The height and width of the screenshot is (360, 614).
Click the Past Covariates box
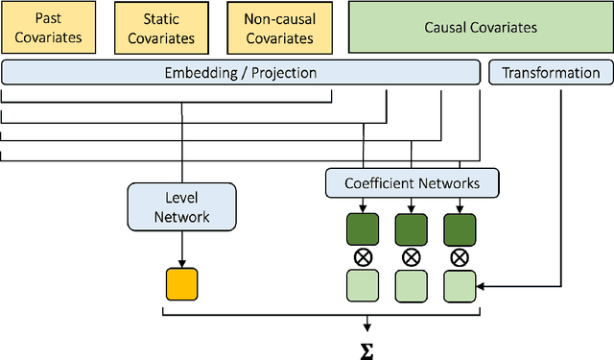pos(49,28)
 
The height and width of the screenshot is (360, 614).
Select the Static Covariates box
pos(161,28)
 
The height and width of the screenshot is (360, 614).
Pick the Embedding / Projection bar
pos(241,73)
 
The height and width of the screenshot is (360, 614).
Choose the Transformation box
pos(551,73)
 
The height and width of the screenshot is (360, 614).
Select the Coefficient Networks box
pos(411,181)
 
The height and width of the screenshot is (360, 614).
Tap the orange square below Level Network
pos(181,284)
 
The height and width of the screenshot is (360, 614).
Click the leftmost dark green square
pos(362,228)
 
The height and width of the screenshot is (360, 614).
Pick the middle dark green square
pos(411,228)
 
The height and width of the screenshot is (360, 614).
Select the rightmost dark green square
pos(459,228)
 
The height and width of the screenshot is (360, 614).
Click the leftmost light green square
pos(362,285)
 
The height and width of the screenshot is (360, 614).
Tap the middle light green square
pos(411,285)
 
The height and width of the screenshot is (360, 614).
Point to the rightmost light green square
pos(459,285)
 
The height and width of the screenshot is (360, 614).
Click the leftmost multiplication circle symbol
pos(362,256)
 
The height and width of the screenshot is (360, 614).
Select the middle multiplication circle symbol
pos(411,256)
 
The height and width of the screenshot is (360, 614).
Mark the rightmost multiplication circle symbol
pos(459,256)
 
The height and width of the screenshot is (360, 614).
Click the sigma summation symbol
pos(366,348)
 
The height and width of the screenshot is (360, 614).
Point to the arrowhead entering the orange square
pos(181,264)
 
